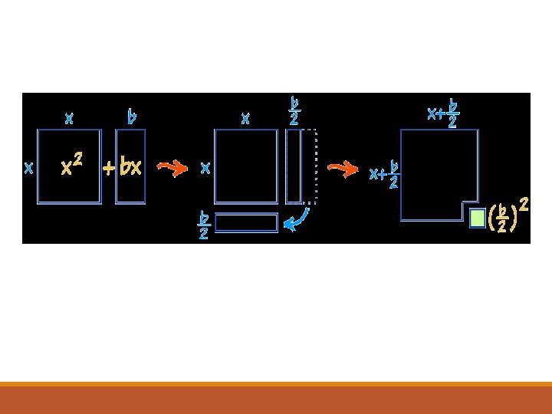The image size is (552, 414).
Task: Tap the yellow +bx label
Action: pos(123,167)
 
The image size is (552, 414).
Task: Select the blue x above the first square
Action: pos(69,118)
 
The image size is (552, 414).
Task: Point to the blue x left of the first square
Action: pos(28,168)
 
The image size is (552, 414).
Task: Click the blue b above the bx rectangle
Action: pos(132,117)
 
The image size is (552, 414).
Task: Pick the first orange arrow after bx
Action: pos(172,167)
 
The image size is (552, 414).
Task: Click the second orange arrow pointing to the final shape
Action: pos(343,168)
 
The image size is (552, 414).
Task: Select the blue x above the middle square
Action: pos(245,118)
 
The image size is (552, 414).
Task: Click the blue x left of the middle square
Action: pos(205,168)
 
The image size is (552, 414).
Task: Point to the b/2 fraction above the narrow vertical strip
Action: pos(294,110)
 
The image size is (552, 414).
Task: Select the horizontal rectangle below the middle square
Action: pos(246,222)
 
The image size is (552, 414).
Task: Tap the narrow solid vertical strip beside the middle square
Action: pos(293,166)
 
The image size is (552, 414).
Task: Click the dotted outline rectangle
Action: pos(310,166)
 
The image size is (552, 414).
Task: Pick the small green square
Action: pos(477,219)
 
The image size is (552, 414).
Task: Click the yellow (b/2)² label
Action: pos(507,216)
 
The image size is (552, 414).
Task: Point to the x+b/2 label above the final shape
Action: pos(444,113)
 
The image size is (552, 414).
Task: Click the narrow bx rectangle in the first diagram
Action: pos(130,166)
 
